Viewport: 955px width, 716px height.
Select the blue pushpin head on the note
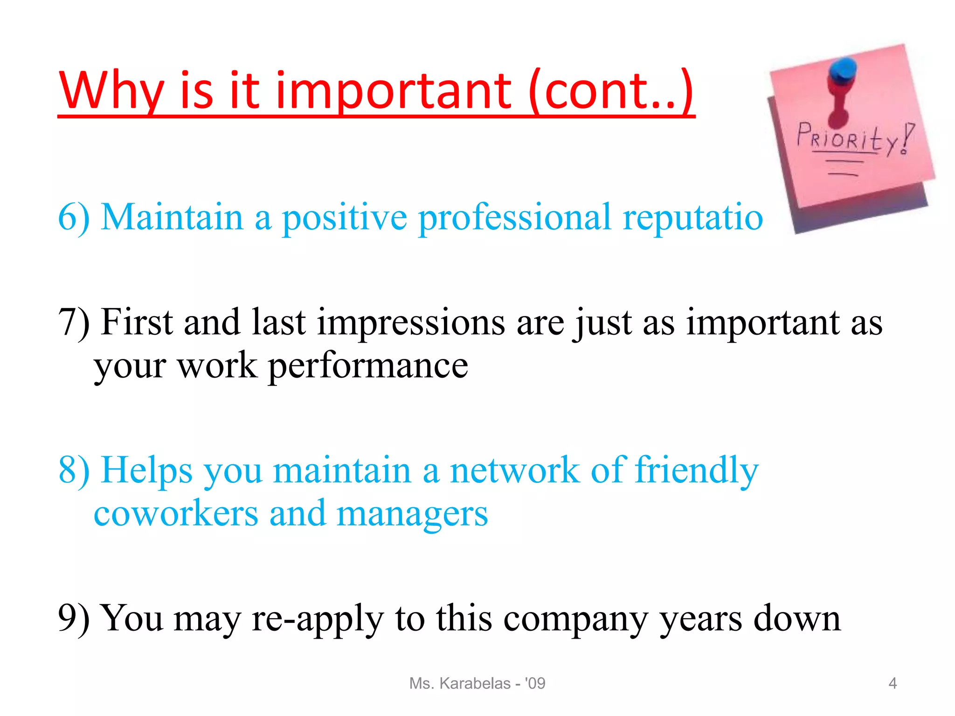[843, 70]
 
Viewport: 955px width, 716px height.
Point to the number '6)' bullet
[74, 218]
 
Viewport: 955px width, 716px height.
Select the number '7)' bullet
[74, 323]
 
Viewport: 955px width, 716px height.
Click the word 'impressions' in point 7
[411, 323]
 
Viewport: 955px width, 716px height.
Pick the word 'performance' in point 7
[368, 366]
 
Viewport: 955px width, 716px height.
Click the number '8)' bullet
[74, 470]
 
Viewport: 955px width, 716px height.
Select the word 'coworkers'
[176, 513]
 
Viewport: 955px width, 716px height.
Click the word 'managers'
[412, 513]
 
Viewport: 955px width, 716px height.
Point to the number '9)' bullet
[74, 619]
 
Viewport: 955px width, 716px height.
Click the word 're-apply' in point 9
[317, 619]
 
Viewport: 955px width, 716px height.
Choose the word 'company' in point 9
[575, 619]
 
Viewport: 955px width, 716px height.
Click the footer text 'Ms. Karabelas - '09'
[477, 683]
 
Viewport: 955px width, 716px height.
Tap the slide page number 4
[893, 683]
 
